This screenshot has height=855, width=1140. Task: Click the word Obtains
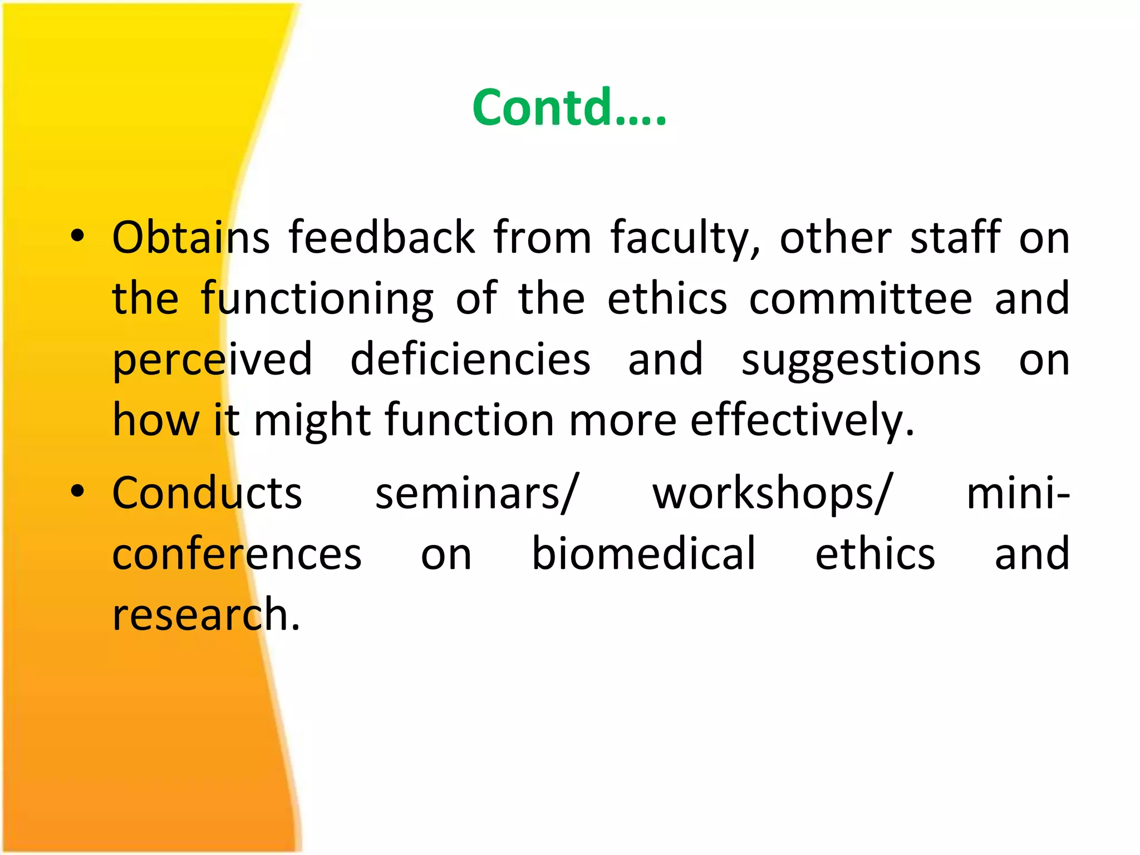pyautogui.click(x=191, y=238)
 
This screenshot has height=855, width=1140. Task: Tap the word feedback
pyautogui.click(x=381, y=238)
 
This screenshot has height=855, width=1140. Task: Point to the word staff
pyautogui.click(x=955, y=238)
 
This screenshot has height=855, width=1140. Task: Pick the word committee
pyautogui.click(x=861, y=299)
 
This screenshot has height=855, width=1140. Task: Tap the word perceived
pyautogui.click(x=212, y=361)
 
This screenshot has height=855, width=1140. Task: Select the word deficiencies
pyautogui.click(x=470, y=360)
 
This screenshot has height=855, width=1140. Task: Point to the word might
pyautogui.click(x=312, y=421)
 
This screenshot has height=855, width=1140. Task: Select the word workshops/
pyautogui.click(x=773, y=494)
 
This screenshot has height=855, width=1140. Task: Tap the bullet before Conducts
pyautogui.click(x=77, y=491)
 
